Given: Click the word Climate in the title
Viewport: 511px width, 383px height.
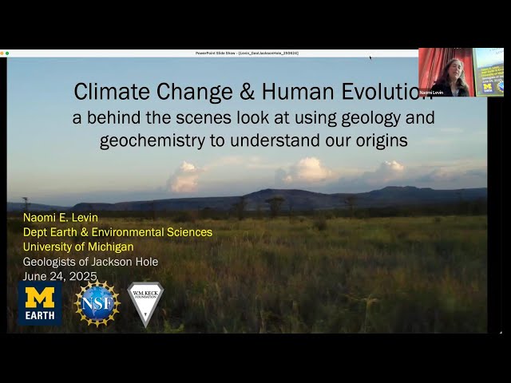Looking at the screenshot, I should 109,91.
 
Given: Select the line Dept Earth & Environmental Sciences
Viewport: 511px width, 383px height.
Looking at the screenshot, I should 117,232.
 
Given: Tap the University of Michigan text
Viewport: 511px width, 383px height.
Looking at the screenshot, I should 78,247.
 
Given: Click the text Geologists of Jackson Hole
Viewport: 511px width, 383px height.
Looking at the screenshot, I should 90,262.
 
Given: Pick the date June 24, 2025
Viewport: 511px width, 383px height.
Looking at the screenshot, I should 60,276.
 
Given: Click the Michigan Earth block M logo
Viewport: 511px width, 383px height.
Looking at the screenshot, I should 40,303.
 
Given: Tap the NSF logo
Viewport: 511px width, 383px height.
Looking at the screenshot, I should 97,303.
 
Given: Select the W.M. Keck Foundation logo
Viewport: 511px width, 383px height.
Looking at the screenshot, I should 145,303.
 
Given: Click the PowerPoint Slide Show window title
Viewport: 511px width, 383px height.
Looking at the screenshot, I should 247,53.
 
